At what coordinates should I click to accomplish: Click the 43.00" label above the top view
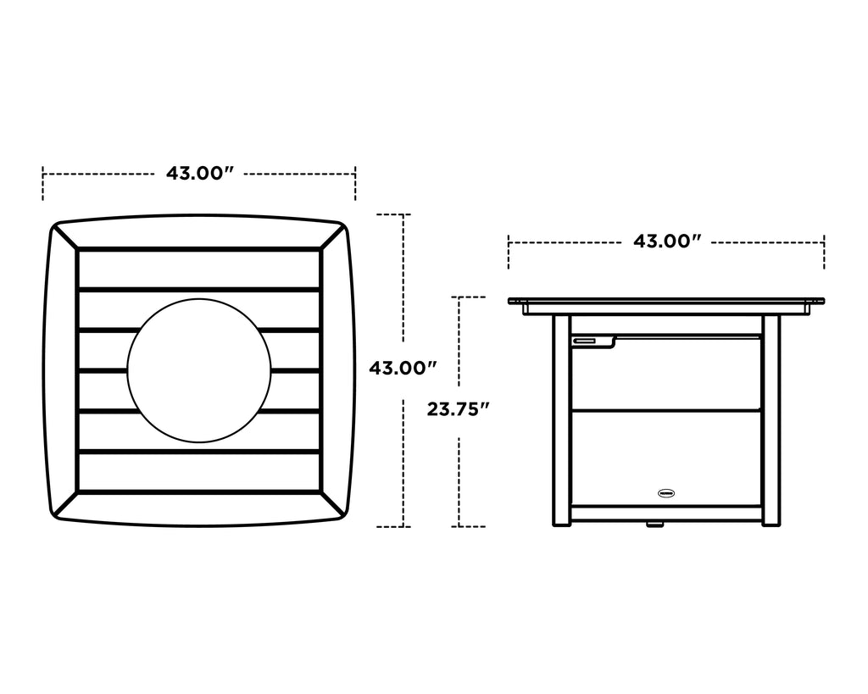199,174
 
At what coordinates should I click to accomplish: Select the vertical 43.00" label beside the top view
403,369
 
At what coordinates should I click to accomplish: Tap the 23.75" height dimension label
459,410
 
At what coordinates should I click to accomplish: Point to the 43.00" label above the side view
667,242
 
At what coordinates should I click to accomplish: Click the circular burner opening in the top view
199,370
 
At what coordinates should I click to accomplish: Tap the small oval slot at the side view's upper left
585,341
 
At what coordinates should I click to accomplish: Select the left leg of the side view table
562,419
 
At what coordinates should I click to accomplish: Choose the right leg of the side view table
771,419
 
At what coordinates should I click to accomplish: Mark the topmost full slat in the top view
199,269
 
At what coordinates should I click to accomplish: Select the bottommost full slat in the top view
199,471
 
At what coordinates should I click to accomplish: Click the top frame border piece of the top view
199,232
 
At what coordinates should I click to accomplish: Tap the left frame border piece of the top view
61,370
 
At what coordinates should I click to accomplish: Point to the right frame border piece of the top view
337,370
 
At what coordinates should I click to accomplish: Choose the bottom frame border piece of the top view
199,508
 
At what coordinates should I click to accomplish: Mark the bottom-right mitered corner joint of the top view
333,503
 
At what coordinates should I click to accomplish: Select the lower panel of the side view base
667,458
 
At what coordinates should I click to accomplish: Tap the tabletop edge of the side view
667,301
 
